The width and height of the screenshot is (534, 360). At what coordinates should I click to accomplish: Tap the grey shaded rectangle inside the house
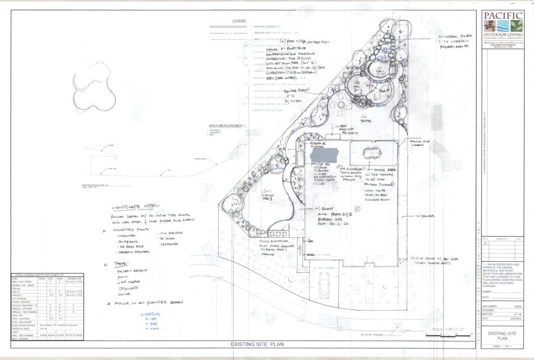click(324, 155)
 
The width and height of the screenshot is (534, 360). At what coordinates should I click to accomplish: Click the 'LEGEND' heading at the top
click(239, 21)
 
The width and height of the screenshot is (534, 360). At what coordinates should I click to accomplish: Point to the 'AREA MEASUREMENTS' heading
click(227, 126)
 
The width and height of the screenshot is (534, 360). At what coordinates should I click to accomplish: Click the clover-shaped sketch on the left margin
click(94, 87)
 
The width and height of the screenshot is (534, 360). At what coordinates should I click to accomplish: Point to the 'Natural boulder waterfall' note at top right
click(453, 41)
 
